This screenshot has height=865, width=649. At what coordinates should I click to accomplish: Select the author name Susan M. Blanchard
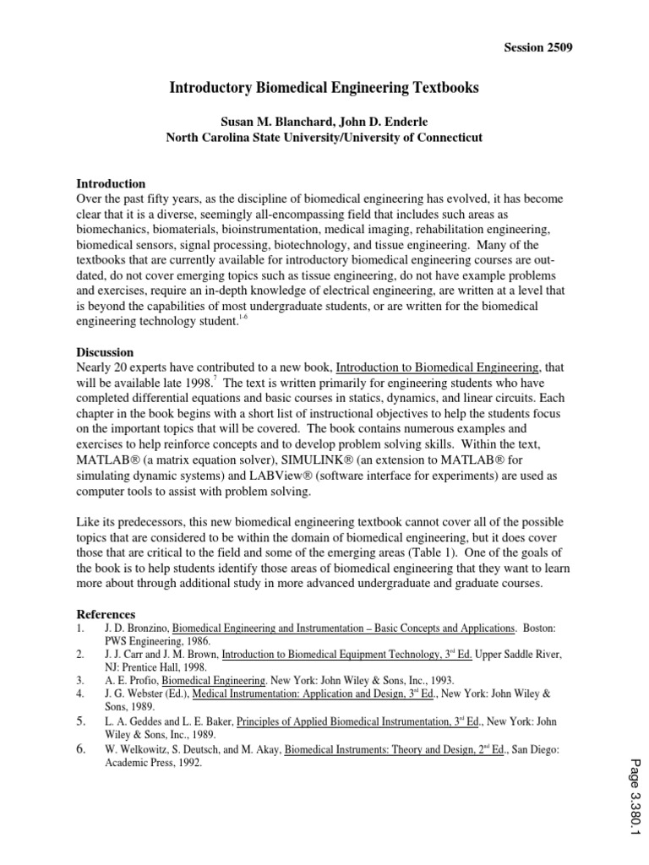point(268,120)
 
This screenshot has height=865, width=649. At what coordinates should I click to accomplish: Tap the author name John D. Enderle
point(390,120)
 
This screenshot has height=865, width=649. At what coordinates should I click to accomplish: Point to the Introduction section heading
point(111,183)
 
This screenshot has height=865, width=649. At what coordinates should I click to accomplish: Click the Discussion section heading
point(106,351)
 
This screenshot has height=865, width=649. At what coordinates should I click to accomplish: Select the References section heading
point(106,613)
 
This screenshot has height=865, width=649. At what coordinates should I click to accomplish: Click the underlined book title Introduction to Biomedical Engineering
point(437,367)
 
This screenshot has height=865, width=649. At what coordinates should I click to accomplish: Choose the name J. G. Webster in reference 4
point(134,694)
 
